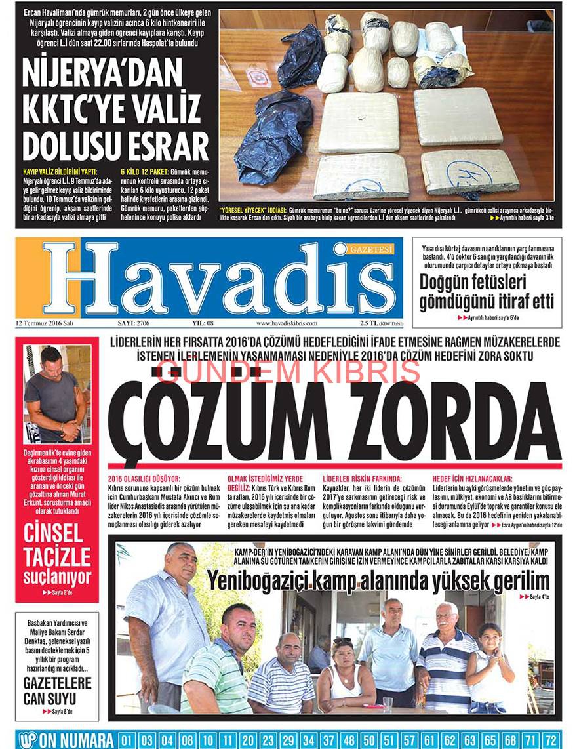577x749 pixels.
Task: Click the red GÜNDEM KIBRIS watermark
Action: pyautogui.click(x=289, y=372)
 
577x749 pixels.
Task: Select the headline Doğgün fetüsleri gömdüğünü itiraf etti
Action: pyautogui.click(x=487, y=293)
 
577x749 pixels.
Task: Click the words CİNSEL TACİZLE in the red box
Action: pyautogui.click(x=57, y=545)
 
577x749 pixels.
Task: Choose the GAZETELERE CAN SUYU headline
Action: pyautogui.click(x=57, y=691)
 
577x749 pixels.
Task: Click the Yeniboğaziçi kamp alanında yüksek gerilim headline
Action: pyautogui.click(x=378, y=581)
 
